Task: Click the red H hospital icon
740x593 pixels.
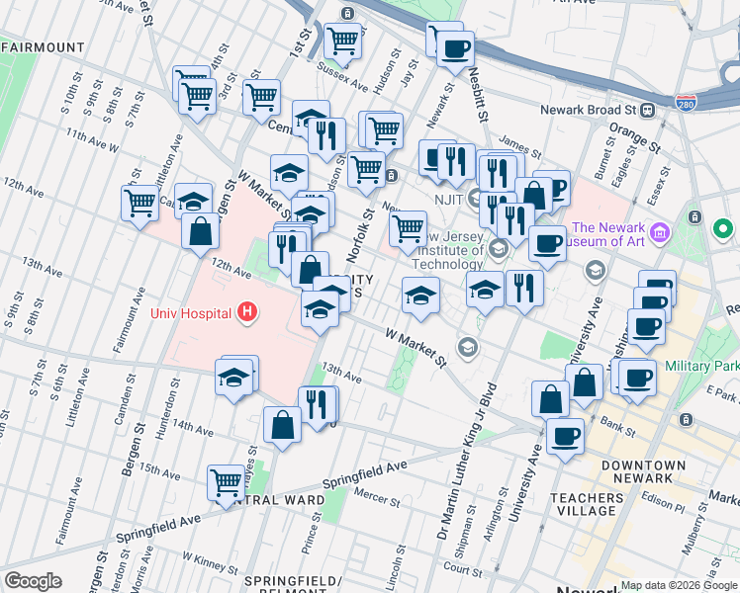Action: pyautogui.click(x=247, y=313)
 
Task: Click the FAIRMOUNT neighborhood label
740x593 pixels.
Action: pyautogui.click(x=43, y=46)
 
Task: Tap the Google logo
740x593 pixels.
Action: pyautogui.click(x=33, y=581)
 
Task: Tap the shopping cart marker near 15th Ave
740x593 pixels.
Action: pyautogui.click(x=226, y=483)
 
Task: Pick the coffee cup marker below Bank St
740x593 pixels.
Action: pyautogui.click(x=565, y=436)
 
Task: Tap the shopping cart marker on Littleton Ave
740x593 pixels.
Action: pyautogui.click(x=139, y=203)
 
